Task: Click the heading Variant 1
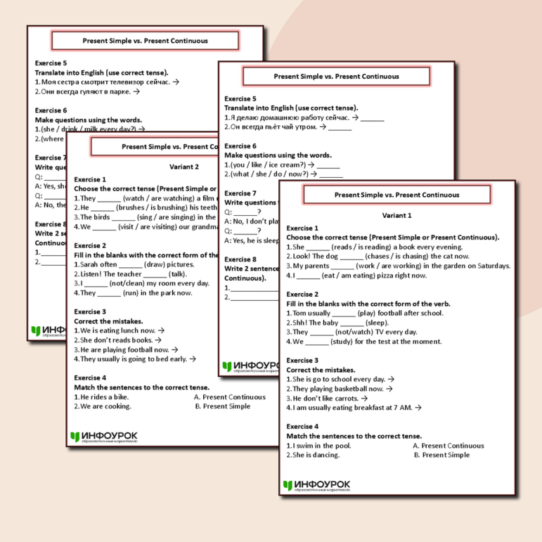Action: tap(396, 215)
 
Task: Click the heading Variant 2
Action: tap(184, 167)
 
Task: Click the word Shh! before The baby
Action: tap(299, 323)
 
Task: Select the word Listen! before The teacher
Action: tap(92, 274)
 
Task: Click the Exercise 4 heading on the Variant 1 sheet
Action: tap(302, 426)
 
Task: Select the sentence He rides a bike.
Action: tap(105, 397)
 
